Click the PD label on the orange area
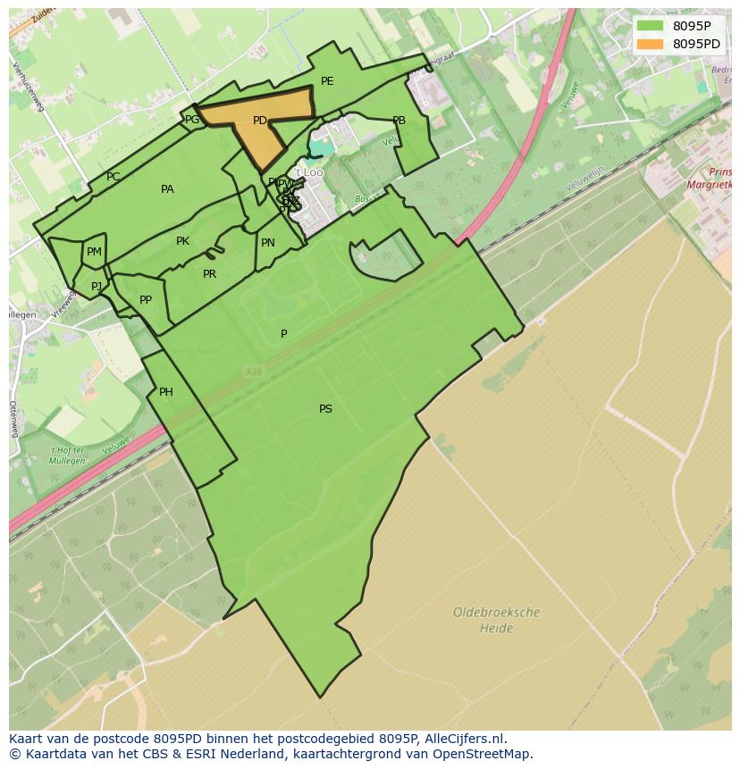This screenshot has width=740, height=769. point(259,121)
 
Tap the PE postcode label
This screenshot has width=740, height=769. point(327,81)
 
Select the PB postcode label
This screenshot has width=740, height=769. point(399,121)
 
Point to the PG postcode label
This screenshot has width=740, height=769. point(192,120)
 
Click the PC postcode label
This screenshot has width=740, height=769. point(113,177)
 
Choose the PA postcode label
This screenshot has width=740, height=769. point(167,189)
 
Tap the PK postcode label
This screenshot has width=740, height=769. point(182,241)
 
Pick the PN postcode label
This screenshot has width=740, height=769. point(267,243)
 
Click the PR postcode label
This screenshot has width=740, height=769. point(209,274)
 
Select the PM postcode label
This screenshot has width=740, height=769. point(94,253)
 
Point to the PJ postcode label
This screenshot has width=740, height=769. point(97,287)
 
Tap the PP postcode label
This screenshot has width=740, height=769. point(146,300)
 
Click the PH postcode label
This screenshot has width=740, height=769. point(165,392)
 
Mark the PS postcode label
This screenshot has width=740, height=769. point(325,409)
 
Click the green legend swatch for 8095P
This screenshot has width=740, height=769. point(651,25)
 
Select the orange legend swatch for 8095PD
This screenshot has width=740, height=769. point(651,44)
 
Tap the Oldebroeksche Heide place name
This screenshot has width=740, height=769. point(496,621)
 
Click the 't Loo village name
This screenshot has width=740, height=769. point(309,172)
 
